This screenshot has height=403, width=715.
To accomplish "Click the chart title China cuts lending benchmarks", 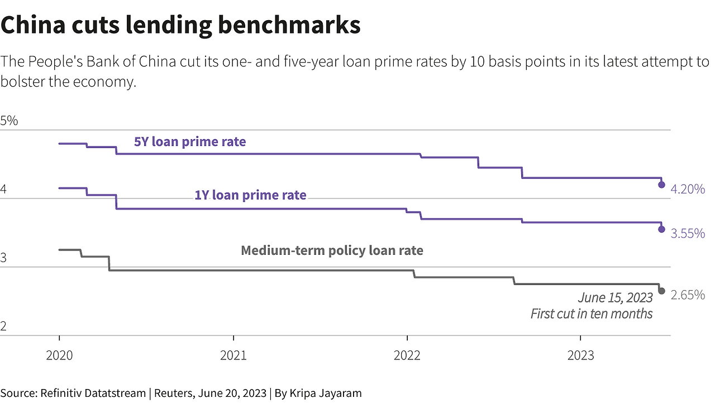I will [x=180, y=26].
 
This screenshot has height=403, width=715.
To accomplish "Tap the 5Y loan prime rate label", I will [x=190, y=142].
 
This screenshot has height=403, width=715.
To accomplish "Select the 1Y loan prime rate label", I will [x=250, y=195].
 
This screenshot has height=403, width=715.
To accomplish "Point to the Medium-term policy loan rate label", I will [x=332, y=250].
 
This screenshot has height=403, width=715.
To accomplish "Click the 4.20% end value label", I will [x=688, y=189].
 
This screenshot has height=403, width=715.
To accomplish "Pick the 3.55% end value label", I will [x=688, y=234].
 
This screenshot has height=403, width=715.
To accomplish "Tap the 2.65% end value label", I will [x=688, y=295].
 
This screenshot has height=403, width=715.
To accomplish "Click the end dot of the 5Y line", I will [x=661, y=184].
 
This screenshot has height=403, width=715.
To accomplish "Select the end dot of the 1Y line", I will [x=661, y=229].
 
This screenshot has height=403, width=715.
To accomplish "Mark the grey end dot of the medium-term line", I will [x=661, y=291].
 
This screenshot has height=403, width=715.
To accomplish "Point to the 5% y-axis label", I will [x=9, y=121].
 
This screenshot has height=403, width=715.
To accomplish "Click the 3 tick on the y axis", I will [x=4, y=258].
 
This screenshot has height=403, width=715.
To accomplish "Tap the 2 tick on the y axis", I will [x=4, y=327].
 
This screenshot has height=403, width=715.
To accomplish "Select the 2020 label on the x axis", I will [x=59, y=355].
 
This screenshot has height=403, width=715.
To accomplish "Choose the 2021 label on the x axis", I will [x=233, y=355].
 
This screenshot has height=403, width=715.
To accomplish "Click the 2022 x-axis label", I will [x=407, y=355].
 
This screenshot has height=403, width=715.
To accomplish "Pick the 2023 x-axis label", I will [x=580, y=355].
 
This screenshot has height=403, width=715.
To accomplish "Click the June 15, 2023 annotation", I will [x=615, y=298].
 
